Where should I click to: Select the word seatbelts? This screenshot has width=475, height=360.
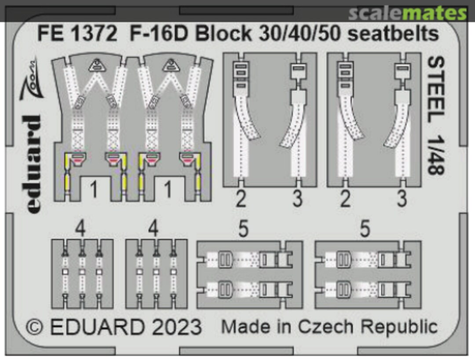(x=393, y=34)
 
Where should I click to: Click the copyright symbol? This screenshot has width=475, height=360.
(x=36, y=327)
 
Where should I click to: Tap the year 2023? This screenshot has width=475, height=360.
(x=175, y=327)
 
